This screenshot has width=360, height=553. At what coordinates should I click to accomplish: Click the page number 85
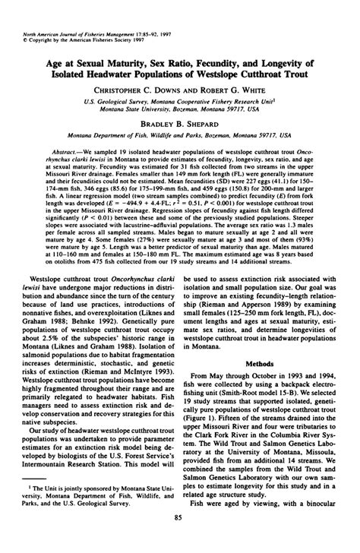180,540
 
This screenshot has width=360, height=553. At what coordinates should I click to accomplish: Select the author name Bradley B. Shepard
180,121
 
